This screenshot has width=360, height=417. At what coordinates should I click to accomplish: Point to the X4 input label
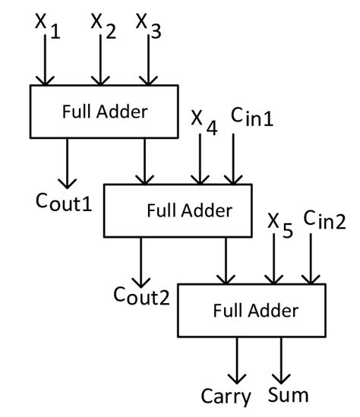204,122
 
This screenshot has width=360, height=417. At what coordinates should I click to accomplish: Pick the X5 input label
280,224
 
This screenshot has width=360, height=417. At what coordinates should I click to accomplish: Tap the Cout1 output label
65,201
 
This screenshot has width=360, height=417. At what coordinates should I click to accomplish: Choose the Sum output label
289,395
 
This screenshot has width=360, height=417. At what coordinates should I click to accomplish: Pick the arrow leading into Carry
238,360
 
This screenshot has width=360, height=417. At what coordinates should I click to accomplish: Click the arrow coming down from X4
200,160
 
